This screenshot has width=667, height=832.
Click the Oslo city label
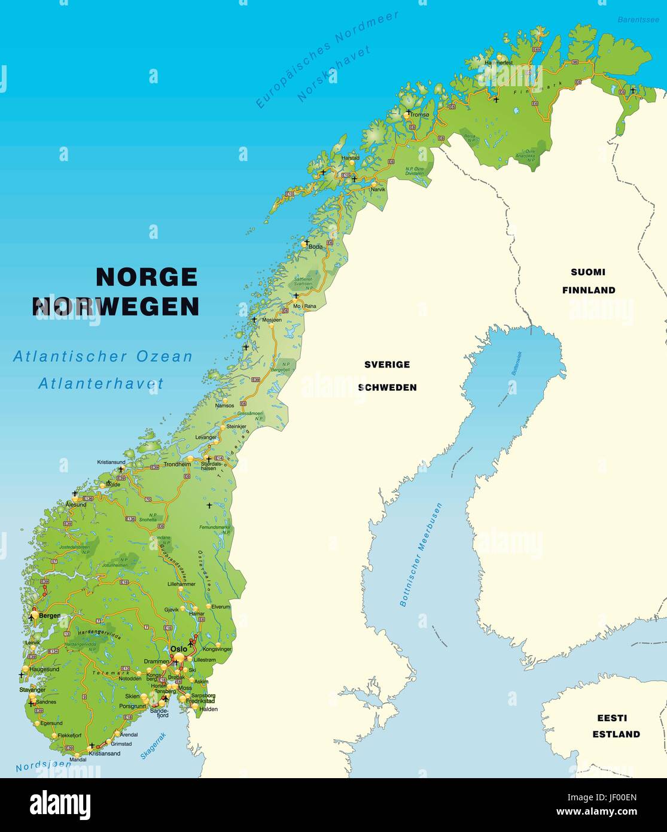(x=178, y=649)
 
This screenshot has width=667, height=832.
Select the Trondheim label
(x=178, y=464)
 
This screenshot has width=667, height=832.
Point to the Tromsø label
(x=421, y=115)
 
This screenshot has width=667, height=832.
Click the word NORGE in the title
(x=147, y=277)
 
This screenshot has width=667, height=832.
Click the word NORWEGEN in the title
(x=115, y=306)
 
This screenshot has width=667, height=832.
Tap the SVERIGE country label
(x=387, y=364)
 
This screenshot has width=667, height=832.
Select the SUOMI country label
(x=587, y=272)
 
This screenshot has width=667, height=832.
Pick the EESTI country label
(x=611, y=718)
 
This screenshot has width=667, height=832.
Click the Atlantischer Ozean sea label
(x=103, y=357)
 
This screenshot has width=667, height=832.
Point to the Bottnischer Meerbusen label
(x=421, y=555)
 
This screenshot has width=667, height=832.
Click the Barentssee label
(x=638, y=20)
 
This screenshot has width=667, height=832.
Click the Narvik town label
(x=378, y=189)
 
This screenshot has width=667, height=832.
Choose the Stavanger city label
(x=32, y=690)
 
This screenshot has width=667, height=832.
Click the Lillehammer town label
(x=181, y=583)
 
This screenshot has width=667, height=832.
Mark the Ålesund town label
(x=76, y=505)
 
